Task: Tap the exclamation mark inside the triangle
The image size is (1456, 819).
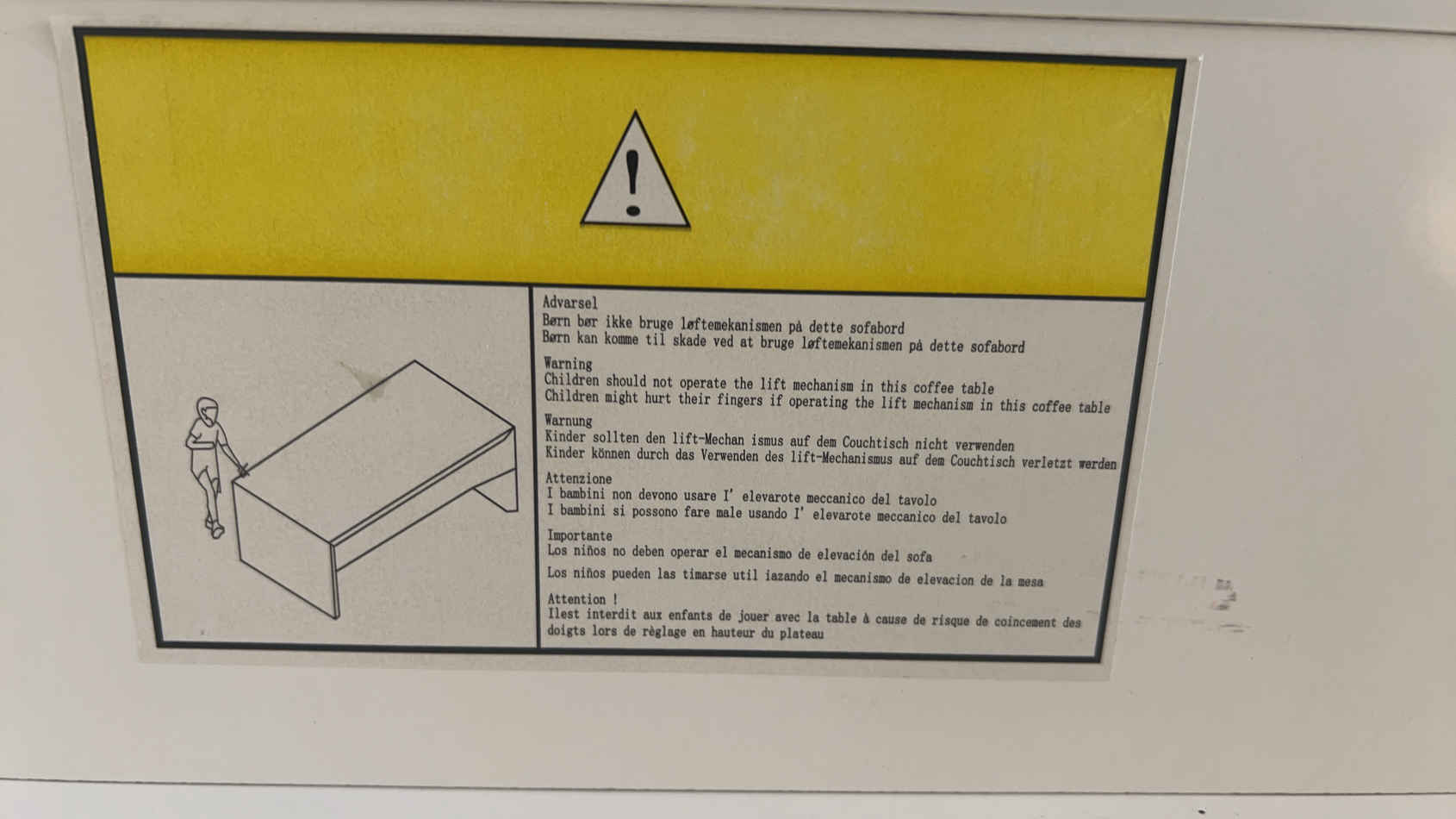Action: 633,183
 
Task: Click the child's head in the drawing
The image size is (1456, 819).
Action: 207,410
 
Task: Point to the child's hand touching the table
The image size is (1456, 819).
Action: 242,470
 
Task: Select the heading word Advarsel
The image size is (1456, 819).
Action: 570,303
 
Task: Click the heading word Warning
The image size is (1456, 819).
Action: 568,364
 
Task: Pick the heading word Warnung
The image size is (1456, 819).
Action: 568,421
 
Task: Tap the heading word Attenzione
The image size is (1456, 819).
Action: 578,478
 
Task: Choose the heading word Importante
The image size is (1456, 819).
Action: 580,536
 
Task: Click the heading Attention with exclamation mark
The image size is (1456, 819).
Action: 582,599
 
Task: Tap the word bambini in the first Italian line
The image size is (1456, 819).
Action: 582,494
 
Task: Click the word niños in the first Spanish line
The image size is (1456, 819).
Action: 590,552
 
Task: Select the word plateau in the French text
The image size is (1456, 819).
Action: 801,633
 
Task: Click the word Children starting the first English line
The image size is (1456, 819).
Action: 572,380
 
